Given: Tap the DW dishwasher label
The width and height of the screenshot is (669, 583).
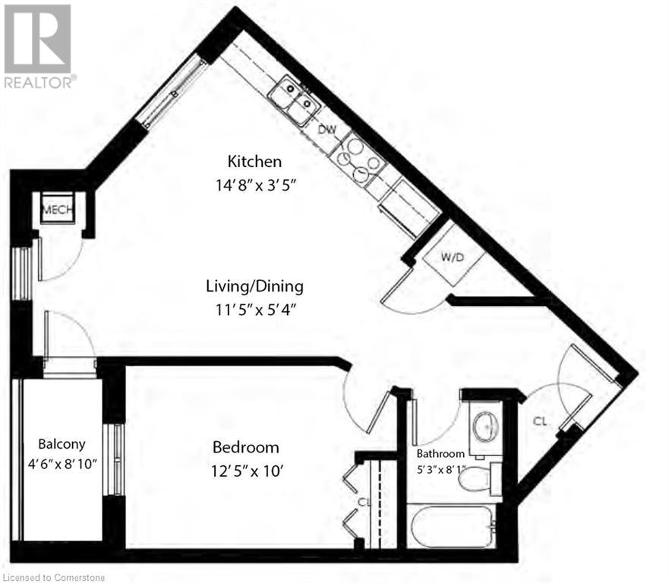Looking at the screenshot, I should (327, 129).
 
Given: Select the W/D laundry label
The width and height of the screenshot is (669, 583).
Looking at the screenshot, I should (453, 257).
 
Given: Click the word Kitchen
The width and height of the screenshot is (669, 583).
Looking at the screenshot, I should (255, 162).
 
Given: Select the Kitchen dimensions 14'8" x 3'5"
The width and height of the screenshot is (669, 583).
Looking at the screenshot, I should (255, 184).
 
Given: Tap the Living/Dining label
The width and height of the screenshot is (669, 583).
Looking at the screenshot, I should (254, 286).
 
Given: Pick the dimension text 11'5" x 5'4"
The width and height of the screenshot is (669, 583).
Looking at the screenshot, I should (254, 309).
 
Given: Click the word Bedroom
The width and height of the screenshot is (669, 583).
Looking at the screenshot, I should (245, 447).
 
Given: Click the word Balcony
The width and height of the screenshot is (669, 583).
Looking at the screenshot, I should (62, 444).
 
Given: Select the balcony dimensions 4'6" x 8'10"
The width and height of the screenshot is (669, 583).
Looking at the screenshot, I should (62, 464).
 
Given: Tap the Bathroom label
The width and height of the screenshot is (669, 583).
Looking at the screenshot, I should (440, 454).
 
